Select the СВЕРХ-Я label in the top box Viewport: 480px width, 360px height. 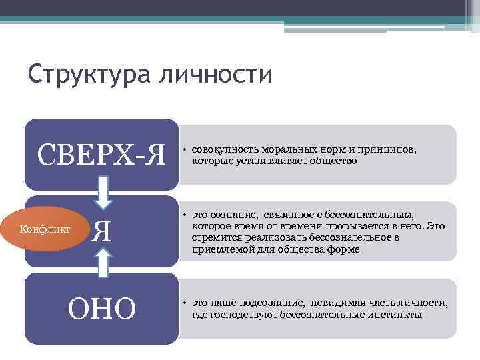click(101, 156)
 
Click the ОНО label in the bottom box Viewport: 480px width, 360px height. click(102, 308)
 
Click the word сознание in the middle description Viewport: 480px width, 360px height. click(231, 215)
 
